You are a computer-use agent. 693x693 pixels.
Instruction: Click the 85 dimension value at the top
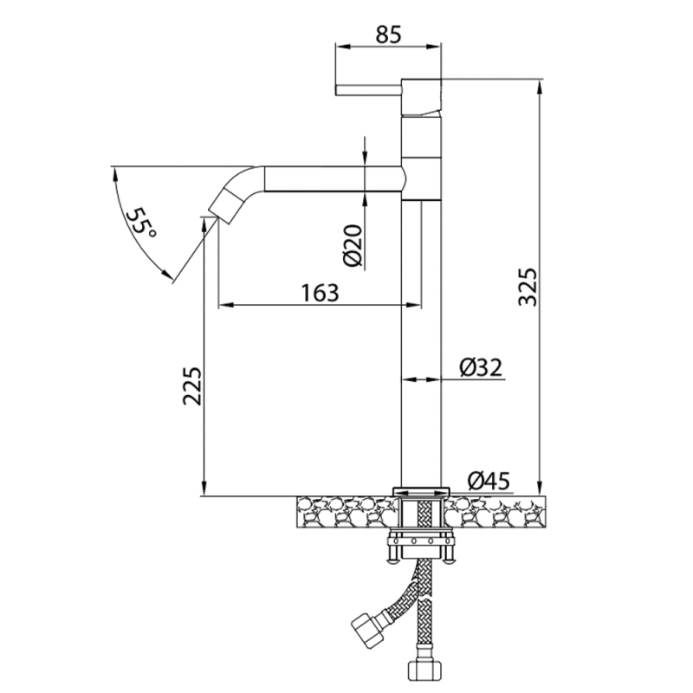tap(389, 35)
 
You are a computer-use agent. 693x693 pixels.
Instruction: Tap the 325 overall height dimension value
tap(528, 287)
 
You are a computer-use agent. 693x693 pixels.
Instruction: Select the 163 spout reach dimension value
tap(320, 293)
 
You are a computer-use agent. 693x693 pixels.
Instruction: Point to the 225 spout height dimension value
tap(192, 385)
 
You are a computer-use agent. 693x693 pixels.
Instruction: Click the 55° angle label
tap(141, 223)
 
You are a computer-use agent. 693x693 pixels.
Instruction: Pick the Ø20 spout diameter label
tap(353, 246)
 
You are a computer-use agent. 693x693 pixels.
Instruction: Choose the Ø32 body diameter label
tap(481, 367)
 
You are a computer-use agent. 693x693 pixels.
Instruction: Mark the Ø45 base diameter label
tap(489, 481)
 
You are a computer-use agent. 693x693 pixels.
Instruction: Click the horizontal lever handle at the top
tap(369, 90)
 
